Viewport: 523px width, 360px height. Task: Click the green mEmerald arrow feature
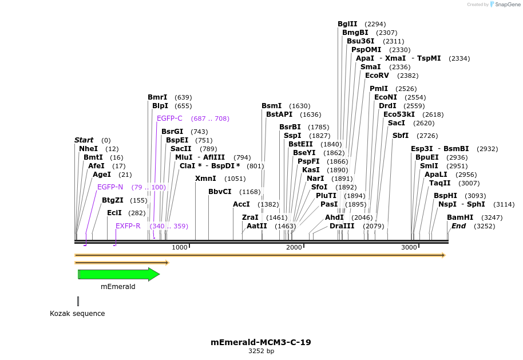118,275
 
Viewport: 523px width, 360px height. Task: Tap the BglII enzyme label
347,24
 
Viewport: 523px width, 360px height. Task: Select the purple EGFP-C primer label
169,118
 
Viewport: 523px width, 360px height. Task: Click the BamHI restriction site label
460,217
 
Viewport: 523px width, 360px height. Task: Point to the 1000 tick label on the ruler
180,247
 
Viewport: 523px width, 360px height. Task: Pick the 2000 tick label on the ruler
294,247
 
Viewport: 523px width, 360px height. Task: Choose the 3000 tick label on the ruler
409,247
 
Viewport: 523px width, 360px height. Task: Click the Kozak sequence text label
77,314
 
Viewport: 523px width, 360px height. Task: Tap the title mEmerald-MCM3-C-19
261,342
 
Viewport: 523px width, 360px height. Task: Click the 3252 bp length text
261,351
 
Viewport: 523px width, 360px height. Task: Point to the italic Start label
84,140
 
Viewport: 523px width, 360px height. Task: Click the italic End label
458,226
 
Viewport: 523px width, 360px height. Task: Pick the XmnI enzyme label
205,179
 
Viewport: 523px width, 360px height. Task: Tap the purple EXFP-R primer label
128,226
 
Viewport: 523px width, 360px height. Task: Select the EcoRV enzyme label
377,76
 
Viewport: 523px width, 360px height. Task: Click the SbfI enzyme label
401,136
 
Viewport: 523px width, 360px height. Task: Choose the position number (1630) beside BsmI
299,106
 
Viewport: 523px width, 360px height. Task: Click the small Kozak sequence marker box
78,301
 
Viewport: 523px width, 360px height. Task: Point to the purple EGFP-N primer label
110,187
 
